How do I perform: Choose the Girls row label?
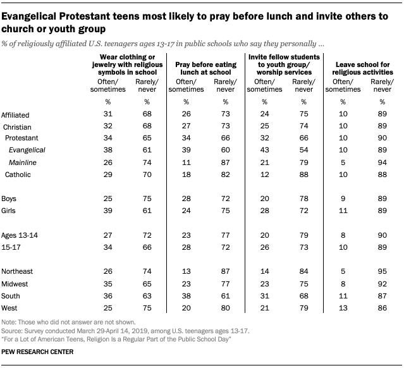click(10, 210)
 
